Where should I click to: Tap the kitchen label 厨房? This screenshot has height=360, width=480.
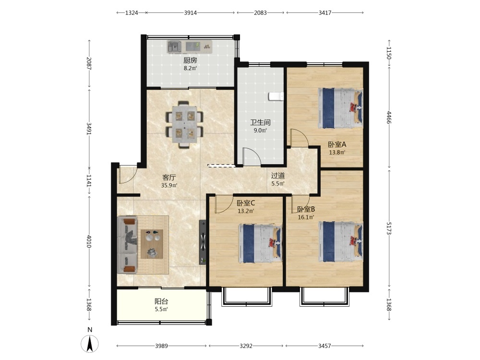click(190, 60)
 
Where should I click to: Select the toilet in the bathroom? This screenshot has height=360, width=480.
click(276, 96)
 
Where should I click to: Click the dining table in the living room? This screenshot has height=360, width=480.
click(184, 124)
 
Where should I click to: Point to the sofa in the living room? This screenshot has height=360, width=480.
click(127, 245)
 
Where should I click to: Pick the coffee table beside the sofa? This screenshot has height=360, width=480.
click(152, 244)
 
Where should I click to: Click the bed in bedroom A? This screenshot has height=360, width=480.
click(340, 108)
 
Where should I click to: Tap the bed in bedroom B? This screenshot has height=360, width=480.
click(341, 242)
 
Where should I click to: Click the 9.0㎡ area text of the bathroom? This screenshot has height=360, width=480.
click(260, 131)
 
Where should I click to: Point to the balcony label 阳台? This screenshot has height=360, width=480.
click(161, 301)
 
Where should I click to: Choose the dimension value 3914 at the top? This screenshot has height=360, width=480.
click(191, 12)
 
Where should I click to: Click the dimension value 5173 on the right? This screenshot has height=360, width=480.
click(389, 228)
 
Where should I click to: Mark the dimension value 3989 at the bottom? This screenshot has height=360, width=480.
click(161, 346)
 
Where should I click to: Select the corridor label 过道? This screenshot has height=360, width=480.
click(278, 176)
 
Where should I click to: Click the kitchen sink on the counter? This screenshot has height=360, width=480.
click(174, 47)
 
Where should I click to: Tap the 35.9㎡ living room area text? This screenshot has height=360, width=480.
click(169, 185)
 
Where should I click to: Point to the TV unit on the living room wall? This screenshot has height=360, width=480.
click(203, 242)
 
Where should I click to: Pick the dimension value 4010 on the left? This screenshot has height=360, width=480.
click(89, 242)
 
